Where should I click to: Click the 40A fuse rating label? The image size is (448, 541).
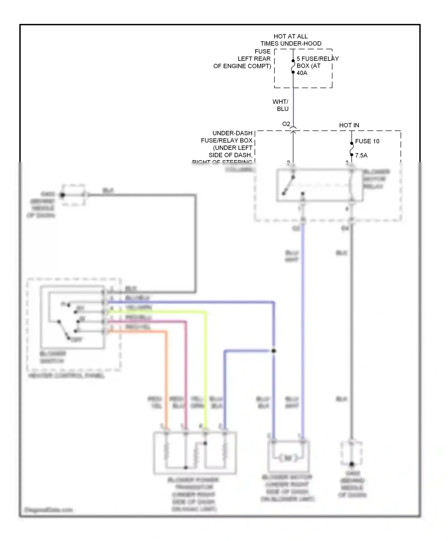point(302,73)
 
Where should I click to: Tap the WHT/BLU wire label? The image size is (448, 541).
point(281,105)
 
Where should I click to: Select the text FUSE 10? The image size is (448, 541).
point(367,141)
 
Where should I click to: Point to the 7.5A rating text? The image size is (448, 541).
point(361,155)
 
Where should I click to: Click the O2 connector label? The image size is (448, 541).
point(286,124)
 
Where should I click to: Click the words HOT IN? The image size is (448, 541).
point(349,125)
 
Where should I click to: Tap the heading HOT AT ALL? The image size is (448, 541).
point(290,36)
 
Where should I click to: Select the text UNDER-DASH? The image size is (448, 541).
point(232,133)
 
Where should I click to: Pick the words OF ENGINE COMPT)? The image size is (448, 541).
point(242,66)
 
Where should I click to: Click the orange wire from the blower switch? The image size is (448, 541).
point(166,373)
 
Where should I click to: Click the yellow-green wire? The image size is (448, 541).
point(205,373)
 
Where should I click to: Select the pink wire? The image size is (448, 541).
point(186,373)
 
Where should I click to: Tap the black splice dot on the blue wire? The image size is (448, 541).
point(274,351)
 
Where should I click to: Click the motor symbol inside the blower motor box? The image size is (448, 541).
point(288,458)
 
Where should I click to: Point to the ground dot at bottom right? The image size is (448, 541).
point(352,464)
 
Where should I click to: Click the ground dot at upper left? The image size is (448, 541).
point(62,195)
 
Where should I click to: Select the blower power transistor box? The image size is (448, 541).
point(195,453)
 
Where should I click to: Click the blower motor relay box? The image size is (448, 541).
point(320,185)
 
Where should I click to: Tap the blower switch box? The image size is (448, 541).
point(73,317)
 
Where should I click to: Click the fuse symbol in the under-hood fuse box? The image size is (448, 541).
point(293,67)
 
